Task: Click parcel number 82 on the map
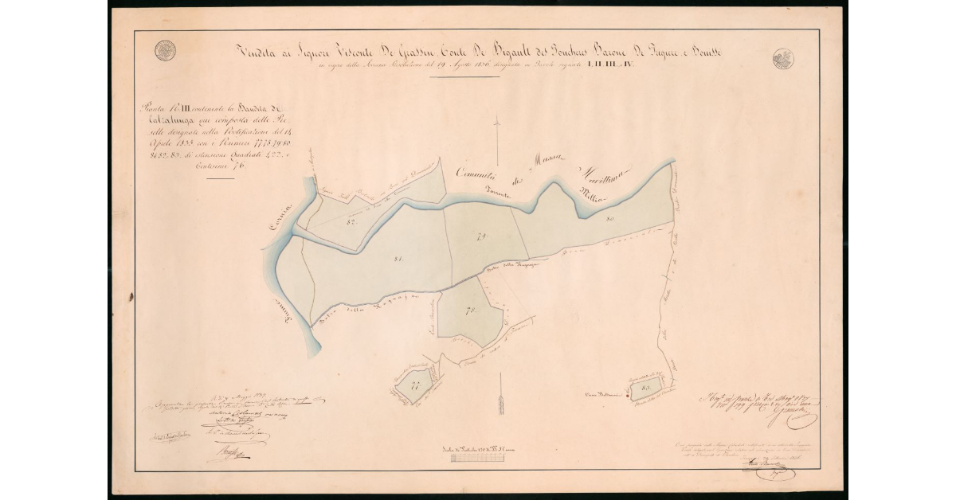pyautogui.click(x=350, y=223)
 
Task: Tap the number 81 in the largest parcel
pyautogui.click(x=398, y=258)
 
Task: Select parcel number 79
pyautogui.click(x=481, y=236)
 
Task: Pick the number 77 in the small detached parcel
pyautogui.click(x=415, y=387)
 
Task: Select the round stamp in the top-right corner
pyautogui.click(x=782, y=58)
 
